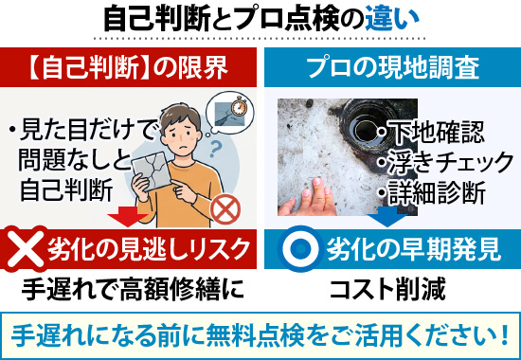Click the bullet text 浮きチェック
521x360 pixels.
click(x=444, y=162)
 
